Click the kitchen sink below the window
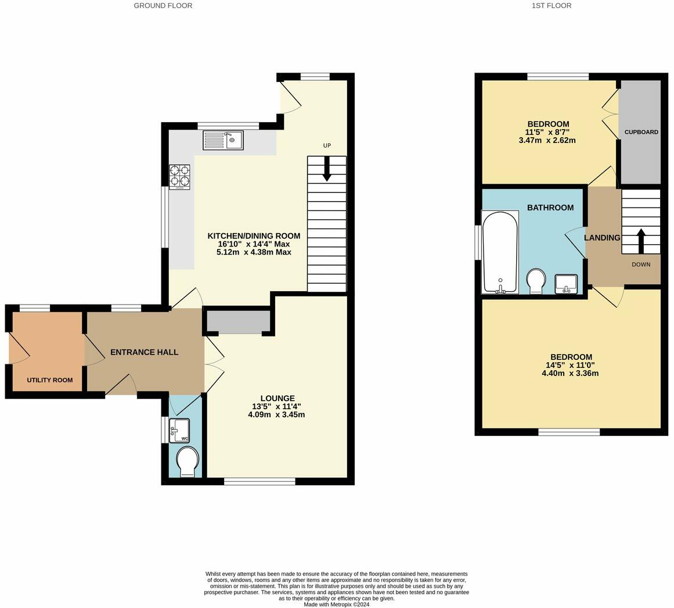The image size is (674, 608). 223,140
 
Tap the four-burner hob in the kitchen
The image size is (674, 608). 180,177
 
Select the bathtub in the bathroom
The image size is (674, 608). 500,252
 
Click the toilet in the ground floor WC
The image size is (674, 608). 188,462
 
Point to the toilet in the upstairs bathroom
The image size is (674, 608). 536,281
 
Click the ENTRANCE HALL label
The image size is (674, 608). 145,352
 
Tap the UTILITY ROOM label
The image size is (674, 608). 50,380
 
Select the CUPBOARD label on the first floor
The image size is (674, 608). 641,132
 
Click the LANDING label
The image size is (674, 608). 602,238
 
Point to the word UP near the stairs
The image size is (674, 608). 327,145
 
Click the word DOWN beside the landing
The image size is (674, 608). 641,264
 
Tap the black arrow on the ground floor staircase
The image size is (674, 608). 327,168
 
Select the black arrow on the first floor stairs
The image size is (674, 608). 641,241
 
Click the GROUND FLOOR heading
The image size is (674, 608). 163,6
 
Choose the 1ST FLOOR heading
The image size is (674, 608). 552,6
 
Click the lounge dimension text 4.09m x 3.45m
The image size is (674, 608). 276,415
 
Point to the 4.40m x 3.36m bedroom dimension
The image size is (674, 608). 571,373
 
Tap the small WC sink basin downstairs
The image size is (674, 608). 179,431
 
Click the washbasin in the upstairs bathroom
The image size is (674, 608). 566,284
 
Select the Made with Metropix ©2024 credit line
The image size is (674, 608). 337,604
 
